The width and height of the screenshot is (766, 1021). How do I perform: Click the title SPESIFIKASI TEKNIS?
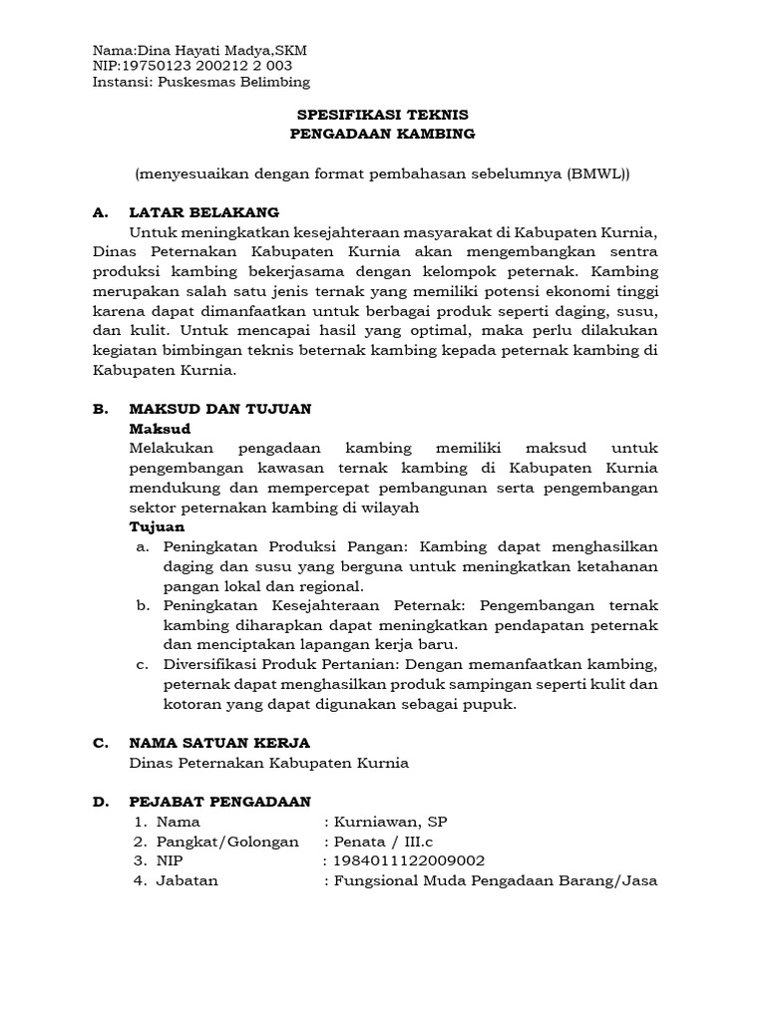(383, 116)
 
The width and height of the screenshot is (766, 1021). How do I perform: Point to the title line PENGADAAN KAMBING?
(383, 133)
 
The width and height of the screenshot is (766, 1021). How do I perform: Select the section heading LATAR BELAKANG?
(204, 212)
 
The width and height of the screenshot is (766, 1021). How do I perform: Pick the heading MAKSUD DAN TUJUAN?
(220, 409)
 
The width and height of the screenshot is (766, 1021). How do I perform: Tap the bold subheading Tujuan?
(157, 526)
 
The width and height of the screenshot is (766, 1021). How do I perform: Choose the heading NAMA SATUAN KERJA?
(219, 743)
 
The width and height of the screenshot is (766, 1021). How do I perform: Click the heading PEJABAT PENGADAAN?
(220, 802)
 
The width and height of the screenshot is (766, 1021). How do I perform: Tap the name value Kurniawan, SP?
(391, 822)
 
